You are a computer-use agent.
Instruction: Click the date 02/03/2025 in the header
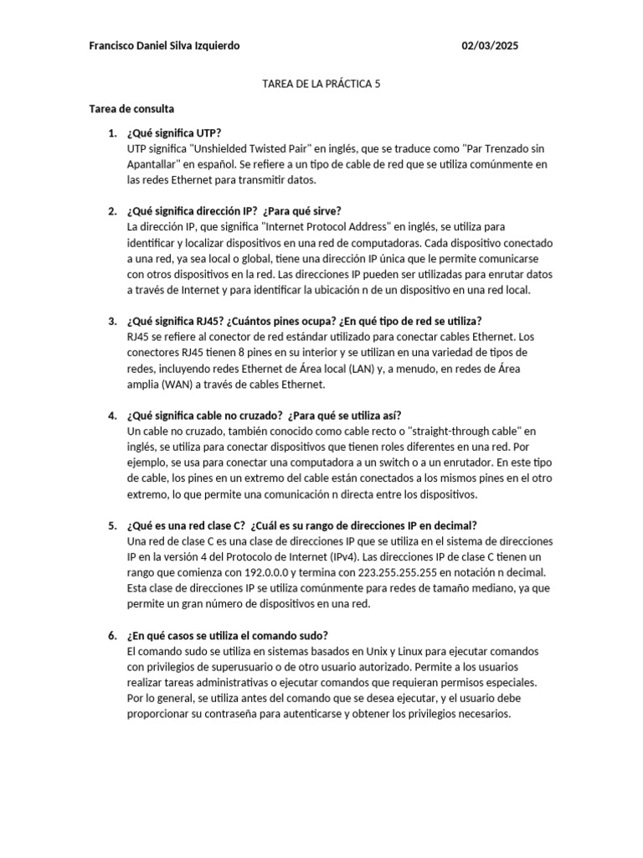tap(490, 46)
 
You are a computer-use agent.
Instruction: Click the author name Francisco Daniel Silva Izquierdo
tap(164, 46)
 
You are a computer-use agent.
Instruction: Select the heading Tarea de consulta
tap(131, 109)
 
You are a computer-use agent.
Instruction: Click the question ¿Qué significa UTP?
tap(174, 132)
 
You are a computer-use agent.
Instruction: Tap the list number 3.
tap(111, 321)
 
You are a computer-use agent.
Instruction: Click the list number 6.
tap(111, 635)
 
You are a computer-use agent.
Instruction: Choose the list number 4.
tap(111, 416)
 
